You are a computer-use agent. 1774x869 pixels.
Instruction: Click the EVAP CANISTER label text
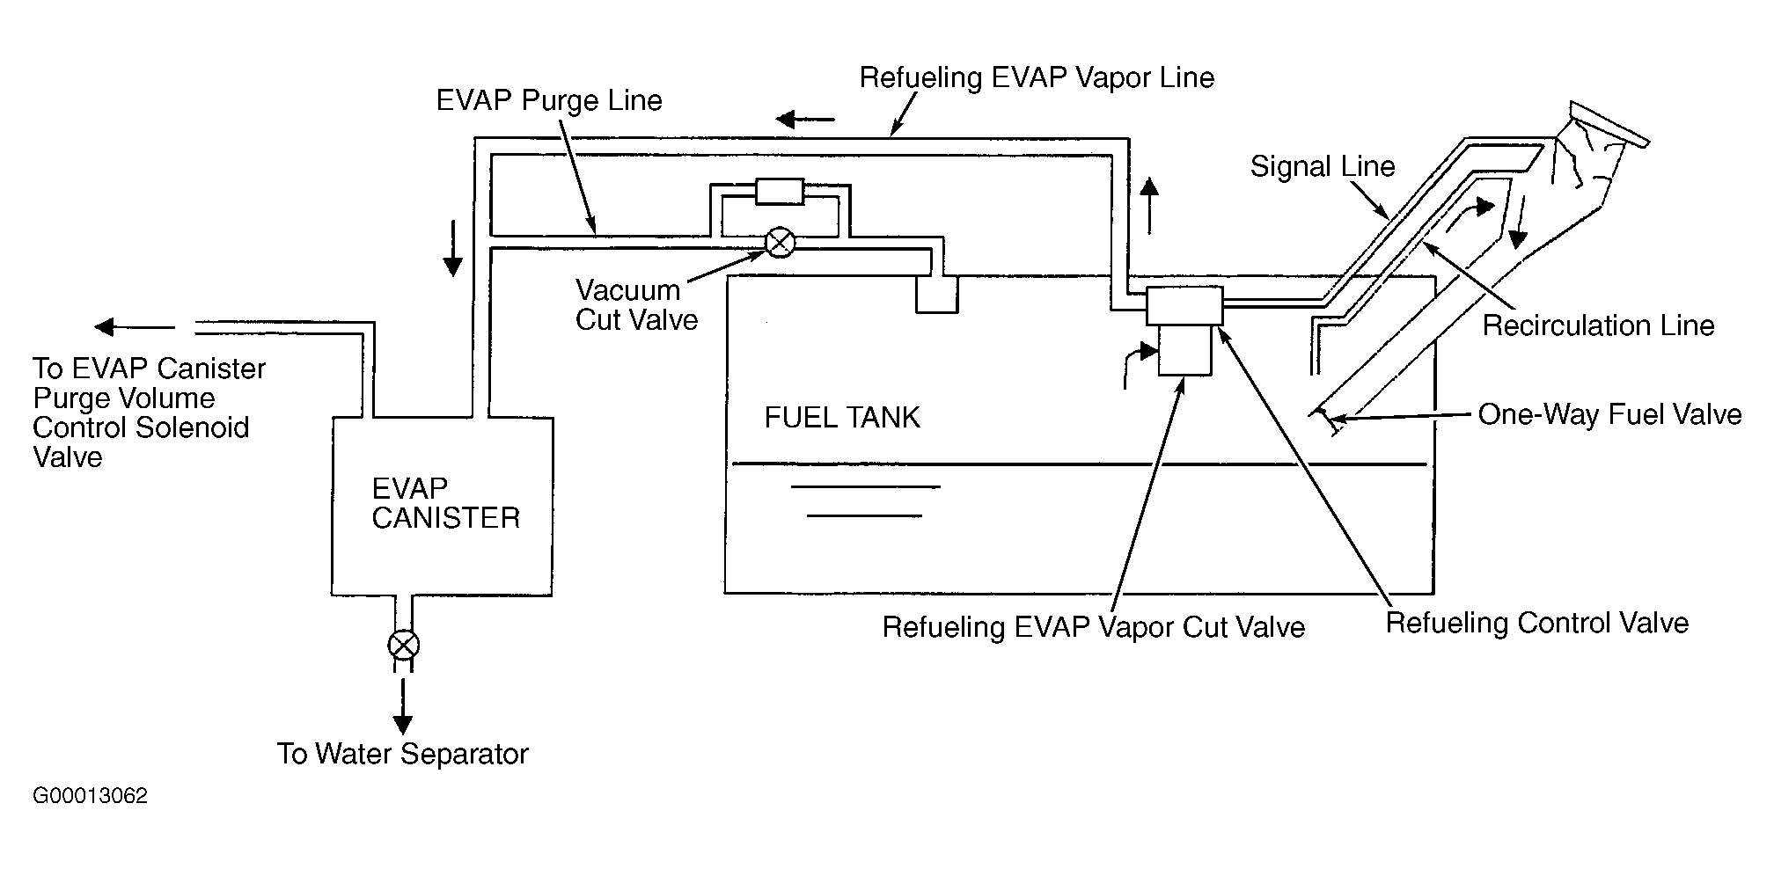tap(445, 502)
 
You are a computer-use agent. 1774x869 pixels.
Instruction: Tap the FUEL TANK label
tap(842, 417)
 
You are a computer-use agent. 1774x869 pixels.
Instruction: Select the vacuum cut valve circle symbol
tap(780, 242)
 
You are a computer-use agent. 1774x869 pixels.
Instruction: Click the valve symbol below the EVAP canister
tap(403, 645)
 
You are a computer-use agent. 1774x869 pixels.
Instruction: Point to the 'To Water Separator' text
tap(403, 754)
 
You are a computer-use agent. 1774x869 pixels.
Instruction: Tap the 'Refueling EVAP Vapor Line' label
tap(1037, 77)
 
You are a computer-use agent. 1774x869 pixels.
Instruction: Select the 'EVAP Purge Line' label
tap(549, 100)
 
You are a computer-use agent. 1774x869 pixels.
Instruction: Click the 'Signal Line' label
tap(1323, 166)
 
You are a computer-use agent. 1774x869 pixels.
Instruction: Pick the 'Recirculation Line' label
tap(1598, 325)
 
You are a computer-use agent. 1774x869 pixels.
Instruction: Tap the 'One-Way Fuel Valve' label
tap(1609, 414)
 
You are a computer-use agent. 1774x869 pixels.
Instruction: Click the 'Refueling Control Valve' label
tap(1537, 623)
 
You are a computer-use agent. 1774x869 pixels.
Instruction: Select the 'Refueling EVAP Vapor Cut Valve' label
tap(1094, 627)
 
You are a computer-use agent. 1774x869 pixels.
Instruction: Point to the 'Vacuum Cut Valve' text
tap(636, 304)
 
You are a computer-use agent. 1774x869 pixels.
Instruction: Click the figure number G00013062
tap(91, 796)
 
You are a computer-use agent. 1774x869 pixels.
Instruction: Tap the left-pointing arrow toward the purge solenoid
tap(135, 327)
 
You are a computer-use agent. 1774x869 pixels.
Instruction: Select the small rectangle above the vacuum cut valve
tap(780, 191)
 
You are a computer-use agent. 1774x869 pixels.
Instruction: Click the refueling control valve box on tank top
tap(1184, 305)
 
